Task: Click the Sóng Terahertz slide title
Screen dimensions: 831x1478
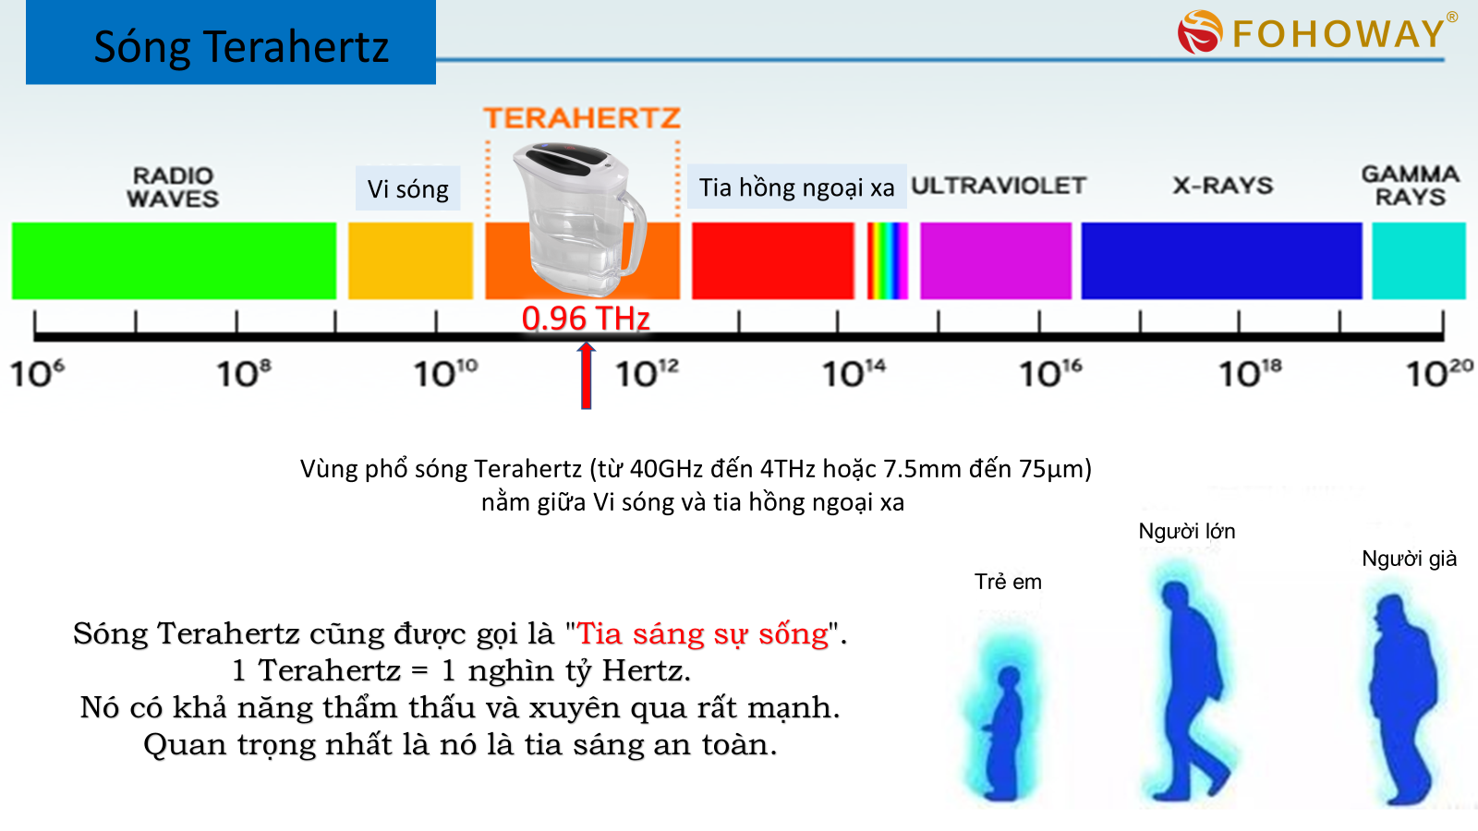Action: [240, 46]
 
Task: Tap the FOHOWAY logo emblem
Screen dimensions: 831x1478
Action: [1199, 32]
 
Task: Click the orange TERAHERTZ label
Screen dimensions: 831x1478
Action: [582, 118]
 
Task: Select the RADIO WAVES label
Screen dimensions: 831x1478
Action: [173, 187]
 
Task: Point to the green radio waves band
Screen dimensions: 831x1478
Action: [174, 260]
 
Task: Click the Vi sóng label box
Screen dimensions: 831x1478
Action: [407, 188]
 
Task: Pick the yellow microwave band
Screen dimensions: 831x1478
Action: [410, 260]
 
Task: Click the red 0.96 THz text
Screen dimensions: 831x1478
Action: [586, 319]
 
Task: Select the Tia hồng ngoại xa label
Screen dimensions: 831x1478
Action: [796, 187]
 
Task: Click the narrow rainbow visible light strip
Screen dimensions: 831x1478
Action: [887, 260]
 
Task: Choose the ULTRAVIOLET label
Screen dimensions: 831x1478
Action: [998, 186]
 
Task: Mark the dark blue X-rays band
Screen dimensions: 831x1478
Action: [1221, 260]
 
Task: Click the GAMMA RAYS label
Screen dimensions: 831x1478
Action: [1410, 186]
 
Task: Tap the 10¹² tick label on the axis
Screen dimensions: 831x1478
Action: [647, 373]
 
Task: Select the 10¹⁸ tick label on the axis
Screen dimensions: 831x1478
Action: [1250, 373]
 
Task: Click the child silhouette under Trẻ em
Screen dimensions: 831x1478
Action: [1003, 729]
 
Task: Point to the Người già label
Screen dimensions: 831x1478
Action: [1409, 559]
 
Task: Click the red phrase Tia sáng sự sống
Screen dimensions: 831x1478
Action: [703, 633]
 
